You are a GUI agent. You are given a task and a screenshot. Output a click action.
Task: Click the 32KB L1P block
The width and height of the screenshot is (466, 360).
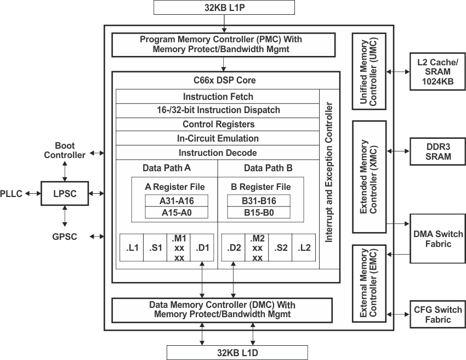(x=224, y=7)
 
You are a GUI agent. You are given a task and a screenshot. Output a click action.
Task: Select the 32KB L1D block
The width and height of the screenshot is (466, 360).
(x=237, y=352)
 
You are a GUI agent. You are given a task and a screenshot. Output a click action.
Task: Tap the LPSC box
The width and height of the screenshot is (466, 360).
(x=64, y=193)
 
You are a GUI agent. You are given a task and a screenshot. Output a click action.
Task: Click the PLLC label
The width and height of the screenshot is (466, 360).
(x=12, y=193)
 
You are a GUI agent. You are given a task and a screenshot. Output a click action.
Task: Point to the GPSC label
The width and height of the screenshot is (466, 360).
(x=65, y=237)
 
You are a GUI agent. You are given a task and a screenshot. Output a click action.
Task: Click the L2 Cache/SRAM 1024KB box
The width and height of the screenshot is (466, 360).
(x=436, y=71)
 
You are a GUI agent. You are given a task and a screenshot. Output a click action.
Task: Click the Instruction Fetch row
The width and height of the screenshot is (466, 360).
(x=217, y=96)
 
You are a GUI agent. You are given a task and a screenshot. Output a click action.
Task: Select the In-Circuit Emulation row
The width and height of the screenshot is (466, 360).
(x=217, y=138)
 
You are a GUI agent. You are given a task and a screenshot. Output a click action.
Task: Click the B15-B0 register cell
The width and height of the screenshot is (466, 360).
(x=258, y=212)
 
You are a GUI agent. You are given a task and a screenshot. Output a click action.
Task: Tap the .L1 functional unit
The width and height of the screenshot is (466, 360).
(x=132, y=248)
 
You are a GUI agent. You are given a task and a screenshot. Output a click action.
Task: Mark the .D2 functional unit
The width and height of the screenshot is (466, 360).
(x=233, y=248)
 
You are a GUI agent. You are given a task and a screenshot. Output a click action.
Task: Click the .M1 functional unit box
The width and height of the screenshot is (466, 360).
(x=179, y=248)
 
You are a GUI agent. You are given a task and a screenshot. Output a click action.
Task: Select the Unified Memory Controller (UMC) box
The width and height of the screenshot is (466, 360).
(x=370, y=71)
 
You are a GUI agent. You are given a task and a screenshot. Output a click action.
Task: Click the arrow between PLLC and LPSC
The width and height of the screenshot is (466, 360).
(x=32, y=193)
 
